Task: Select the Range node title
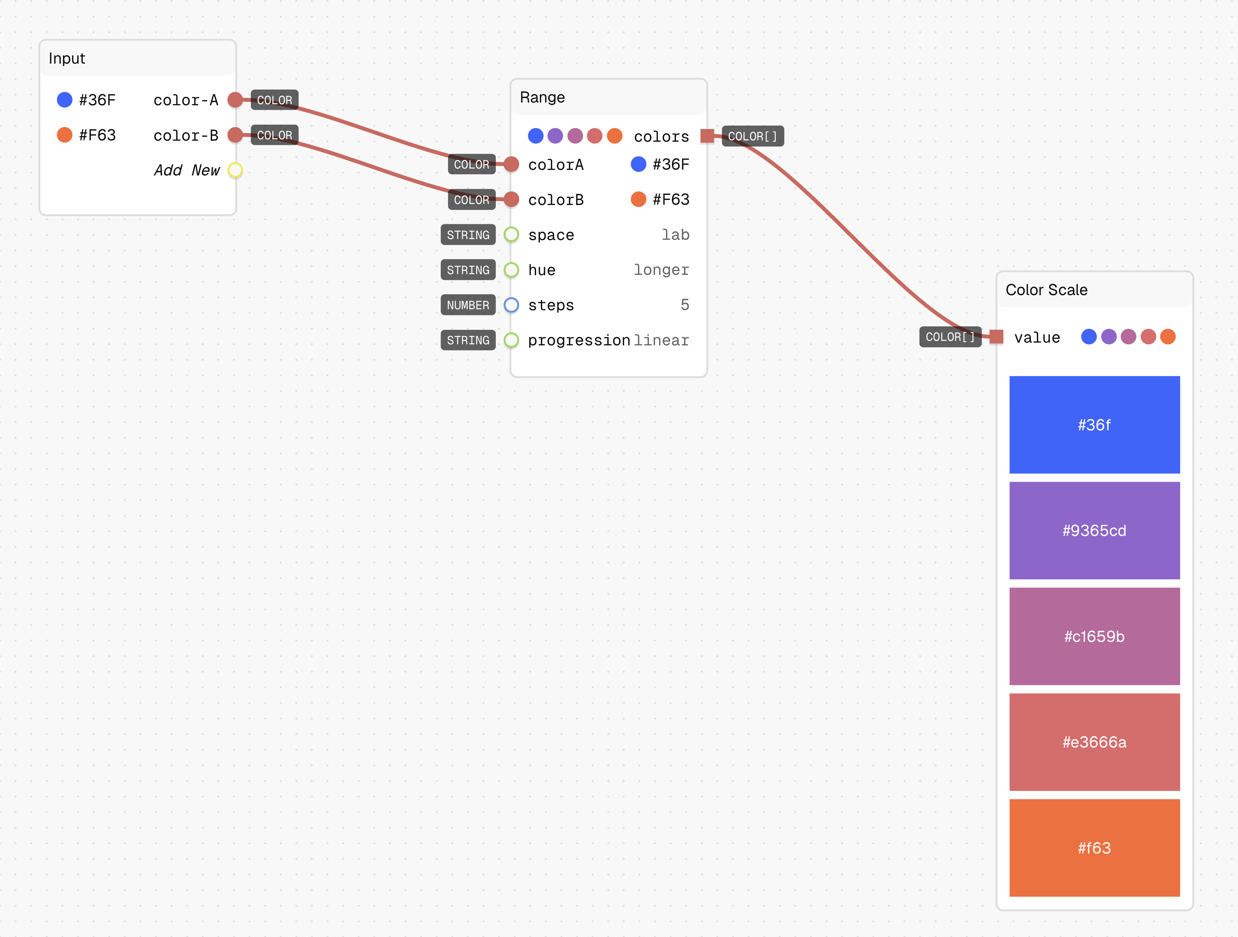pyautogui.click(x=542, y=97)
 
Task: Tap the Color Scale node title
pyautogui.click(x=1046, y=290)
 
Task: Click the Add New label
pyautogui.click(x=187, y=170)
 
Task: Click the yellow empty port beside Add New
pyautogui.click(x=235, y=170)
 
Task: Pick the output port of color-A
pyautogui.click(x=235, y=100)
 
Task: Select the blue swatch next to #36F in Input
pyautogui.click(x=65, y=100)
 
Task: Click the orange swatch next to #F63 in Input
pyautogui.click(x=65, y=135)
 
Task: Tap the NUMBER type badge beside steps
pyautogui.click(x=468, y=305)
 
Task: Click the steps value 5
pyautogui.click(x=684, y=305)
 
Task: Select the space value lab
pyautogui.click(x=675, y=235)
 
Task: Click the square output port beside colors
pyautogui.click(x=707, y=136)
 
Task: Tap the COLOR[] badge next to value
pyautogui.click(x=950, y=337)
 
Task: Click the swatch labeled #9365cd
pyautogui.click(x=1094, y=531)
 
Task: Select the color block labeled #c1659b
pyautogui.click(x=1094, y=636)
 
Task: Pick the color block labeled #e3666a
pyautogui.click(x=1094, y=742)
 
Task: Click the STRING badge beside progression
pyautogui.click(x=468, y=340)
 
